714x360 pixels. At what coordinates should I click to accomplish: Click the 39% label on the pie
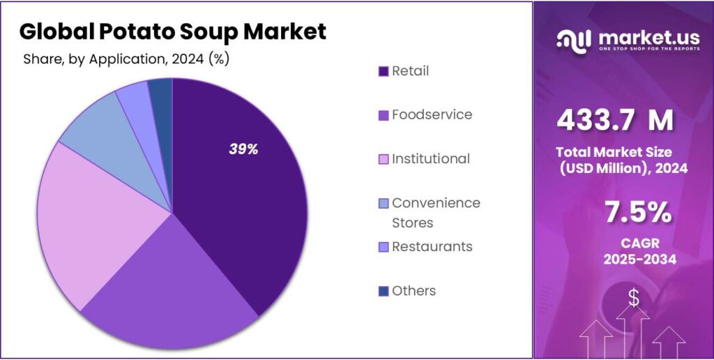tap(243, 149)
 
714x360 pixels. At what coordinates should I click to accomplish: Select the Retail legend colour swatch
tap(383, 71)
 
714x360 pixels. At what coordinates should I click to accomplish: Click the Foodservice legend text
tap(432, 114)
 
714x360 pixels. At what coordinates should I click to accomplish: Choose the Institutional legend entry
tap(430, 158)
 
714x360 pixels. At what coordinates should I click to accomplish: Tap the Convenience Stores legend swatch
tap(383, 203)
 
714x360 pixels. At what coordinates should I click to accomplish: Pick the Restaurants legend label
tap(432, 246)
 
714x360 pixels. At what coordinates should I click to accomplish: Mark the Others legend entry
tap(413, 290)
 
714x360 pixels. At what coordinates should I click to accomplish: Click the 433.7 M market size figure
tap(614, 121)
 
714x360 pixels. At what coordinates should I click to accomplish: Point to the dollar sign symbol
tap(633, 298)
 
